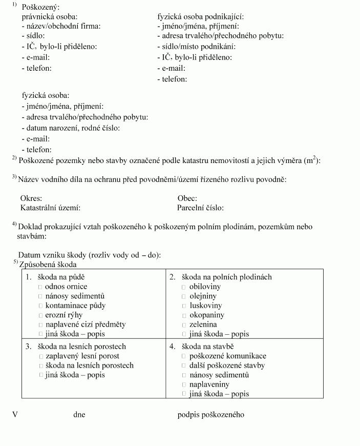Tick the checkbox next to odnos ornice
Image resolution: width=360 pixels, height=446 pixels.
(x=40, y=287)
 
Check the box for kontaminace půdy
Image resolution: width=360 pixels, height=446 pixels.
(x=40, y=306)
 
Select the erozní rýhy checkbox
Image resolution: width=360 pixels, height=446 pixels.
(x=40, y=315)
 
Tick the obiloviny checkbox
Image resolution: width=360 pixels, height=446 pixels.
(x=184, y=287)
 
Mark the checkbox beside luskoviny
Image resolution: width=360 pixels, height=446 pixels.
(x=184, y=306)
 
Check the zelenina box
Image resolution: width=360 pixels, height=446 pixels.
(x=184, y=325)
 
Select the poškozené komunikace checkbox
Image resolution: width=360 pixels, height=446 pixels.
(x=184, y=356)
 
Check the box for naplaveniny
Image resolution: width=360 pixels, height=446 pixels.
(x=184, y=384)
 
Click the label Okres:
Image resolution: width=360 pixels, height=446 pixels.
(x=31, y=198)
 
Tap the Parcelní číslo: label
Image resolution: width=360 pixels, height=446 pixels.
(x=200, y=208)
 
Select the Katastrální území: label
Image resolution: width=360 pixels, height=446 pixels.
(x=50, y=208)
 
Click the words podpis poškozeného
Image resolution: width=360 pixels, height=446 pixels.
(x=210, y=414)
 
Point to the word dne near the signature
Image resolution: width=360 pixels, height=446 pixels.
(x=79, y=414)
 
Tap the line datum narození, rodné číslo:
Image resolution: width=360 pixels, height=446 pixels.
(x=71, y=128)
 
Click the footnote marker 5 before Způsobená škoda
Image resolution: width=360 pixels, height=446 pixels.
(x=15, y=262)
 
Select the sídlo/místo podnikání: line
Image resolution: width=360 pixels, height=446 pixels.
(x=197, y=47)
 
